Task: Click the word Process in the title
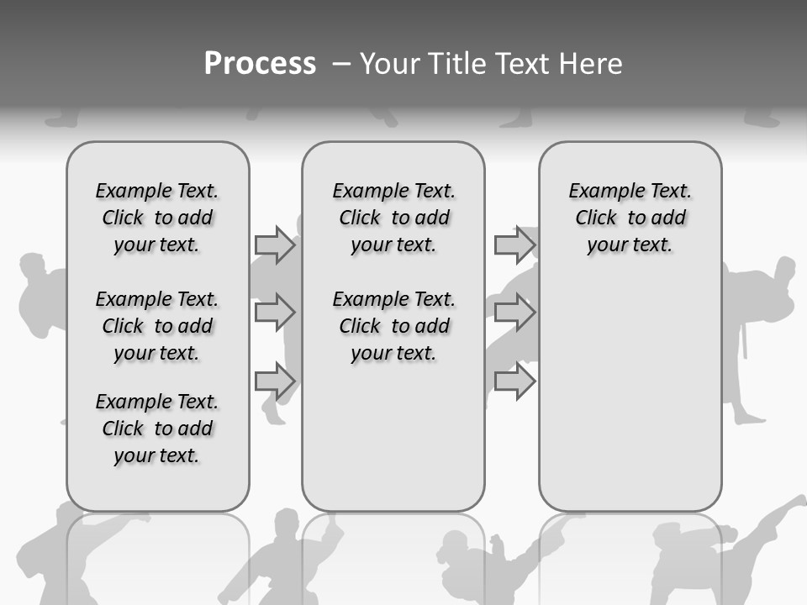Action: pos(260,64)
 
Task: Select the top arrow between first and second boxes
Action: pos(275,245)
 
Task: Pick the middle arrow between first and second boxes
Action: pos(275,313)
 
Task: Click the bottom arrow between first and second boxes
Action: pos(275,381)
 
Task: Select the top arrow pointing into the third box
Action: pos(514,245)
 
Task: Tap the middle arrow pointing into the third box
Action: pos(514,313)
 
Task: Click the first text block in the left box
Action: pos(157,218)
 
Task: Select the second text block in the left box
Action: pos(157,326)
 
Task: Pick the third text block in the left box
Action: pos(157,429)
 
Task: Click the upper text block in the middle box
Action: pos(393,218)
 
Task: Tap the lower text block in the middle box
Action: pos(393,326)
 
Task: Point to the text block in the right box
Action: pos(630,218)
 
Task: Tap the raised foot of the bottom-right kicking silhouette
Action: pos(795,502)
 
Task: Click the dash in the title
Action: pos(341,64)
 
